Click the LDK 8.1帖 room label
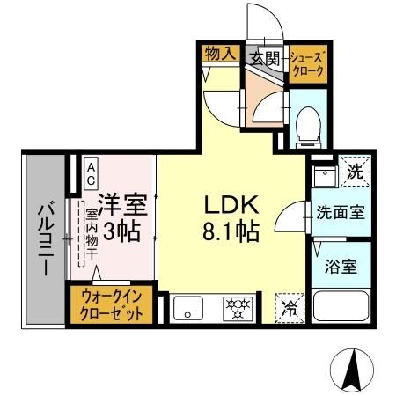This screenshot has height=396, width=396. coord(231,218)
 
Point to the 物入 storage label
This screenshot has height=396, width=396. coord(221,54)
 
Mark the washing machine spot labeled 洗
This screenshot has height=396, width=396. coord(349,172)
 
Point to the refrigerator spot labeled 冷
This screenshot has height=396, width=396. coord(289,308)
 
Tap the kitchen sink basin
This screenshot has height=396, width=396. coord(188,309)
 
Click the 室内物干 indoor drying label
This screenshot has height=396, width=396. coord(91,230)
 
